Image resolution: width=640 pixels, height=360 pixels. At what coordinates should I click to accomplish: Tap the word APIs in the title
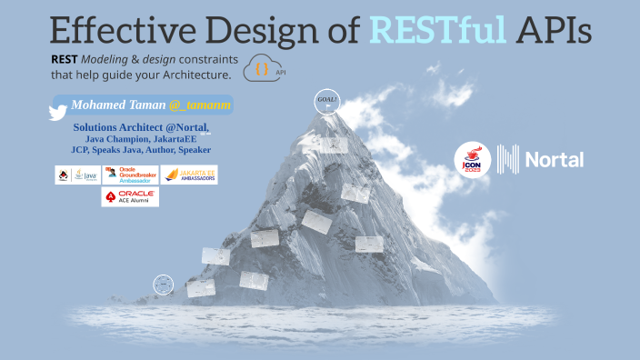click(553, 29)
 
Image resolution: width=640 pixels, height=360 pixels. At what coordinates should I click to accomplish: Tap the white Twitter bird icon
click(58, 111)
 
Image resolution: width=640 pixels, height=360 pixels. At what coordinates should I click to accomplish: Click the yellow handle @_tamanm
click(200, 105)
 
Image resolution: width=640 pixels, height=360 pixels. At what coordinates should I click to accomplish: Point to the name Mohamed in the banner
click(102, 105)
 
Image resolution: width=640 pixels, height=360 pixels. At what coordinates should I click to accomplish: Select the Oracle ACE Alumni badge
click(130, 196)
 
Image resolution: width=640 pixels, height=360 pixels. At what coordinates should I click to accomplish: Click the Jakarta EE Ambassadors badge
click(190, 175)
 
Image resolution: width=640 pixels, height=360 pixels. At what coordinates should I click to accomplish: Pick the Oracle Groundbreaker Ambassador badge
click(130, 175)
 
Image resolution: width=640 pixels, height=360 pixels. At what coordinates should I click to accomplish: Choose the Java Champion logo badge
click(76, 175)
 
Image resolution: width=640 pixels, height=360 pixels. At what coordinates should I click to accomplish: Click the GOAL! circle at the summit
click(325, 99)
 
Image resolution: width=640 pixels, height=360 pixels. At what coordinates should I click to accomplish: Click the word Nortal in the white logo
click(555, 161)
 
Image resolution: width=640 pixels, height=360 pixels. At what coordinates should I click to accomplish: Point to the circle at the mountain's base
click(163, 284)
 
